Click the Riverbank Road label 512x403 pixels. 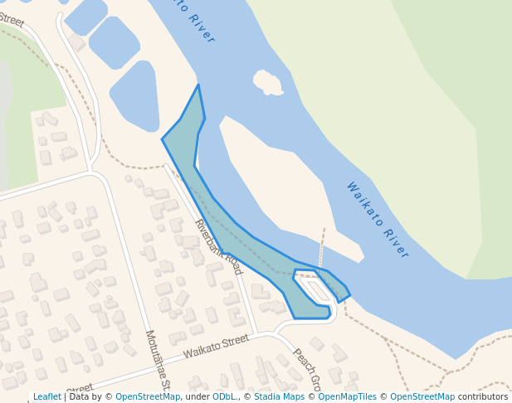click(x=218, y=247)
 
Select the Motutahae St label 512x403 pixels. click(x=158, y=360)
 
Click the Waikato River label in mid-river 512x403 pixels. click(x=378, y=220)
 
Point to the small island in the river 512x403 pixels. click(x=267, y=82)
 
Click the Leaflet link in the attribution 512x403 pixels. click(x=46, y=397)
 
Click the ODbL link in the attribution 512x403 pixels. click(x=224, y=397)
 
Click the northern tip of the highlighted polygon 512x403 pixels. click(x=198, y=85)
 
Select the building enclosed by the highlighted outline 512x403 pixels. click(x=317, y=291)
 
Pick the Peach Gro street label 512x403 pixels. click(x=306, y=369)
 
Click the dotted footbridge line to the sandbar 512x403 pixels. click(x=322, y=246)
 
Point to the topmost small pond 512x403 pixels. click(x=85, y=14)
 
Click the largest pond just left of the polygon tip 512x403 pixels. click(x=135, y=95)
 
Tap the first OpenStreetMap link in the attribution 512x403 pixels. click(x=148, y=397)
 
